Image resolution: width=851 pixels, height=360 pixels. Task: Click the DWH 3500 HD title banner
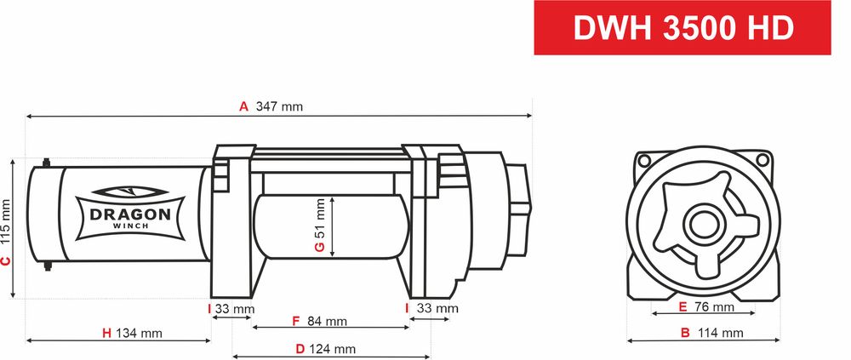pyautogui.click(x=683, y=28)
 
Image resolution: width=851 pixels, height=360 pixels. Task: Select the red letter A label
pyautogui.click(x=243, y=107)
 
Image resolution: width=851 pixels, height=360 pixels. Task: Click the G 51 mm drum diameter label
pyautogui.click(x=320, y=226)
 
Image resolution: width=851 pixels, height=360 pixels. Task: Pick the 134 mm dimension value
pyautogui.click(x=139, y=333)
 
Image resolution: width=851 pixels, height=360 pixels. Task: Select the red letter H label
pyautogui.click(x=106, y=333)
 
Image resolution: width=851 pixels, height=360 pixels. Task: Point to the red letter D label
pyautogui.click(x=300, y=349)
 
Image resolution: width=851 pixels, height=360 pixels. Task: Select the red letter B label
pyautogui.click(x=685, y=333)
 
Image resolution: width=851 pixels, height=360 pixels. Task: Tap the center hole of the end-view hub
pyautogui.click(x=703, y=226)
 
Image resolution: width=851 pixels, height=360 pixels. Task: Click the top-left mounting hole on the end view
pyautogui.click(x=642, y=160)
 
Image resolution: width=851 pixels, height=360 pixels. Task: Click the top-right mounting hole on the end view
pyautogui.click(x=762, y=159)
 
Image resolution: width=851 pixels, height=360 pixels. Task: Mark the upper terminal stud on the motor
pyautogui.click(x=46, y=161)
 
